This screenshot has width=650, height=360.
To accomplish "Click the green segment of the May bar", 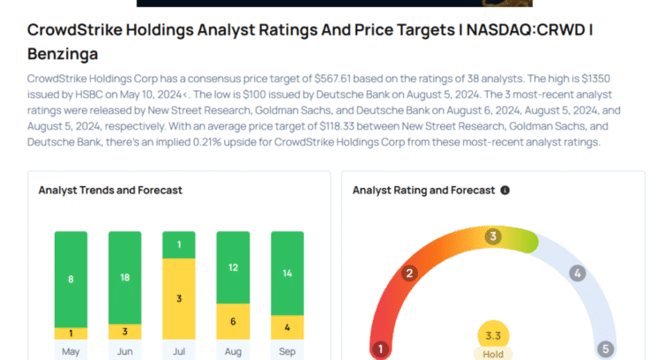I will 71,279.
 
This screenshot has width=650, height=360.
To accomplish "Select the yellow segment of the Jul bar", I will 179,299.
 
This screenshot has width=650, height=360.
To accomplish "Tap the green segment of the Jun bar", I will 124,277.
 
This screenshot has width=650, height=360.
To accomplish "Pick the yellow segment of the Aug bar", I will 233,321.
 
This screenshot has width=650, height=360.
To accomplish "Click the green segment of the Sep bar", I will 287,274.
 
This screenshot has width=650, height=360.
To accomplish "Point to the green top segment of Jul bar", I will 179,244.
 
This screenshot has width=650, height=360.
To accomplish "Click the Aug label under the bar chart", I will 233,349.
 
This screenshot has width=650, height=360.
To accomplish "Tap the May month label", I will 71,349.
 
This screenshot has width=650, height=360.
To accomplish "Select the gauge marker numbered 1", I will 381,349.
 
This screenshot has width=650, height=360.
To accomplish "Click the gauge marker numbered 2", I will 408,274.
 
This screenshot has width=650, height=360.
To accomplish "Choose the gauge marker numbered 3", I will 493,236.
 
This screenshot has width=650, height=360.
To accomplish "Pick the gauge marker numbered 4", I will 578,274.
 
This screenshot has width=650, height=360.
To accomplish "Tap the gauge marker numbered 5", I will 605,349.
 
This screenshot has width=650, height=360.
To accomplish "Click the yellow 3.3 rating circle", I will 493,335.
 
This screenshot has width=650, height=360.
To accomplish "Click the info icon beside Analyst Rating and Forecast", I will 505,190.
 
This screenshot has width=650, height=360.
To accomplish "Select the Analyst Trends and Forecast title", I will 110,190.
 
